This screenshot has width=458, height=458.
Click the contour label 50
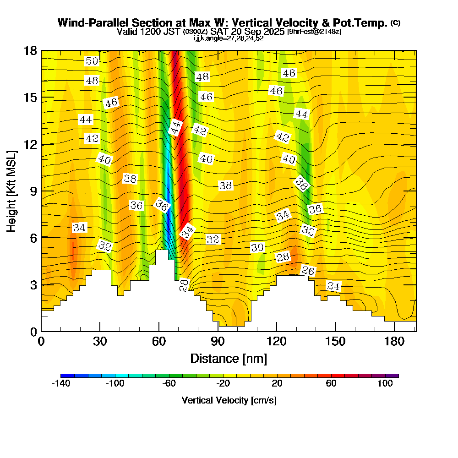tap(92, 61)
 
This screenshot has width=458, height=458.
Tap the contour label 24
tap(334, 287)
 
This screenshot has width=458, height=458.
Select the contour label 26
tap(308, 271)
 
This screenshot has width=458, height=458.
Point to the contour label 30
tap(257, 248)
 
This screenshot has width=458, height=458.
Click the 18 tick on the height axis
tap(30, 50)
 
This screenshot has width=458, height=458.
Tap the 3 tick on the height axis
tap(33, 284)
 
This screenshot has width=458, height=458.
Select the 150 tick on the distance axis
tap(336, 342)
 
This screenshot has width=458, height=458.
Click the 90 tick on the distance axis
tap(218, 342)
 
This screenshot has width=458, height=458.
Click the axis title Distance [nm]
tap(229, 358)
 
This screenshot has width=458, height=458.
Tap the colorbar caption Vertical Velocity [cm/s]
tap(229, 400)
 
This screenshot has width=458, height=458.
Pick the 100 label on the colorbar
tap(385, 384)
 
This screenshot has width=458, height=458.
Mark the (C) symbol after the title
tap(395, 22)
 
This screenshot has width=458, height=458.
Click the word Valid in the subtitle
tap(127, 32)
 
